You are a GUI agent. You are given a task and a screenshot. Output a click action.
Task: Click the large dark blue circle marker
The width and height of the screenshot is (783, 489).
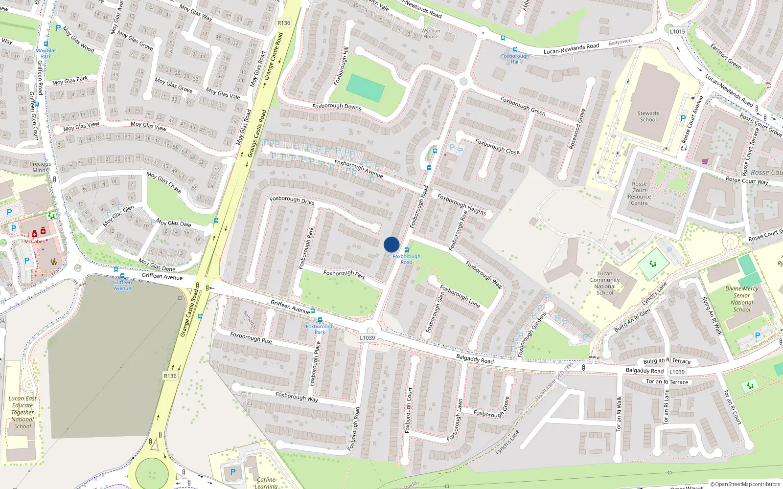(391, 244)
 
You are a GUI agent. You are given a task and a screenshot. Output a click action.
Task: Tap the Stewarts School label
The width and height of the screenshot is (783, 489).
(648, 116)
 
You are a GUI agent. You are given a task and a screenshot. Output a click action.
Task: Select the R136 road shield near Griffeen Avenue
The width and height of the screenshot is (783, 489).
(170, 376)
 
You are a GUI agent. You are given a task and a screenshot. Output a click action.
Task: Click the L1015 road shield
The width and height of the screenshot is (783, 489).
(677, 31)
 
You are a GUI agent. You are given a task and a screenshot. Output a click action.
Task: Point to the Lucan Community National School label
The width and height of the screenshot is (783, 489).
(605, 283)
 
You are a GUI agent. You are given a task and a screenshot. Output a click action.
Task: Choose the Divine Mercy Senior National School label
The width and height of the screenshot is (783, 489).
(741, 299)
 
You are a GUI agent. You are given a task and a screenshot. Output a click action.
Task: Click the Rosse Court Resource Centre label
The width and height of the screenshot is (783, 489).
(639, 194)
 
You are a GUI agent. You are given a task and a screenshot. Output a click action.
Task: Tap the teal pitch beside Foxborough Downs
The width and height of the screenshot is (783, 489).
(365, 89)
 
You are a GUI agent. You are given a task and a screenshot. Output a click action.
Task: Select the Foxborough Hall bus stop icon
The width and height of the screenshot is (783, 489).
(515, 49)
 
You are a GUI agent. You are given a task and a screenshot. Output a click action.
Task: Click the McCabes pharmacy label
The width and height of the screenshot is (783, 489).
(35, 242)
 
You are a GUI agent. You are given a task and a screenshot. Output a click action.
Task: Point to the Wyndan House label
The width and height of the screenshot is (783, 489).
(431, 33)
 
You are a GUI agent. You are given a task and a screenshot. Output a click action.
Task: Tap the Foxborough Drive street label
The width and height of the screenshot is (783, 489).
(292, 200)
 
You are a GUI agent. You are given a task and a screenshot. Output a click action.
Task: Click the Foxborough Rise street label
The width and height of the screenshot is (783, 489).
(251, 338)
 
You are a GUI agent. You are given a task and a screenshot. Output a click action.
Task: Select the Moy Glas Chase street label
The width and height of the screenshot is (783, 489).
(164, 182)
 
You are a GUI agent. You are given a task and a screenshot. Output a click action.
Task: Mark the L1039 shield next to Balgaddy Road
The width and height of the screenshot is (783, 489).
(677, 372)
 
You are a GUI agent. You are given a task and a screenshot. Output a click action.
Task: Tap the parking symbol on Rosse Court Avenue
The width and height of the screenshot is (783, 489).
(683, 118)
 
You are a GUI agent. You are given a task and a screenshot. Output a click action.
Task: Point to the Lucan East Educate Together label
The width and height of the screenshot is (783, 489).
(23, 412)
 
